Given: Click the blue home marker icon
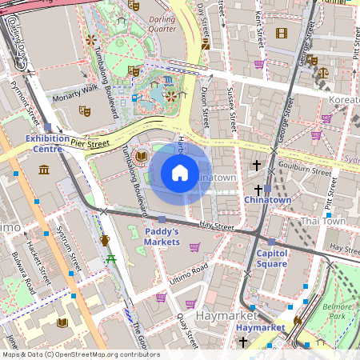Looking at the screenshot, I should tap(180, 172).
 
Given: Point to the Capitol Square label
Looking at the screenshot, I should tap(277, 258).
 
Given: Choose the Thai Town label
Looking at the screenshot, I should tap(323, 221).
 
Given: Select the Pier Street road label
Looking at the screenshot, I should tap(90, 145).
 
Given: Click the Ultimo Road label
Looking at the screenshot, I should tap(189, 272).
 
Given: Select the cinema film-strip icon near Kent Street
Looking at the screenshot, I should tap(281, 33).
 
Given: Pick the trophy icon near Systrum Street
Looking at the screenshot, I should tap(104, 239).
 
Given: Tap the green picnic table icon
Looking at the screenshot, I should tap(112, 258).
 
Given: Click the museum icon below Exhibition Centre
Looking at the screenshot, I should tap(43, 170).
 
